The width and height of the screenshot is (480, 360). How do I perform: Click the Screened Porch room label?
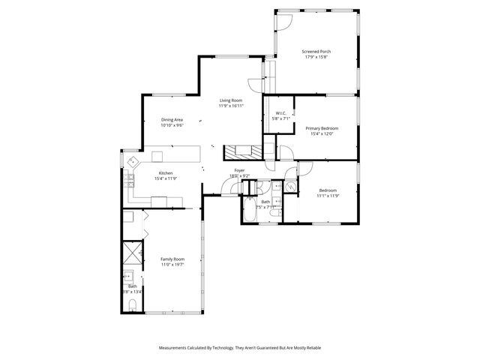pos(316,52)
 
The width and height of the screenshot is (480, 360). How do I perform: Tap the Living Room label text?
pos(231,100)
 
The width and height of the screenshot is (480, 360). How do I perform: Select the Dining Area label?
pos(172,120)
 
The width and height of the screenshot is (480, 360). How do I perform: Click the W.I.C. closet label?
pos(280,113)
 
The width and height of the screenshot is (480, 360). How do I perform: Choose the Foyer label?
pos(239,170)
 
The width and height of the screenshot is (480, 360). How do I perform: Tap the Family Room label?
pos(172,259)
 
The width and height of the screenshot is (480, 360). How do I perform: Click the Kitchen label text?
pos(165,173)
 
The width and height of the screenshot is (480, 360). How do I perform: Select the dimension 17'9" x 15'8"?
pos(316,57)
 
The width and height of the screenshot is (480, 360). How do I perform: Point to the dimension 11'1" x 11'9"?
pos(328,196)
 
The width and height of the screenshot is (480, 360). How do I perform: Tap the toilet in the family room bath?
pos(132,304)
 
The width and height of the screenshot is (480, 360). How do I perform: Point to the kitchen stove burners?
pos(129,180)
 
